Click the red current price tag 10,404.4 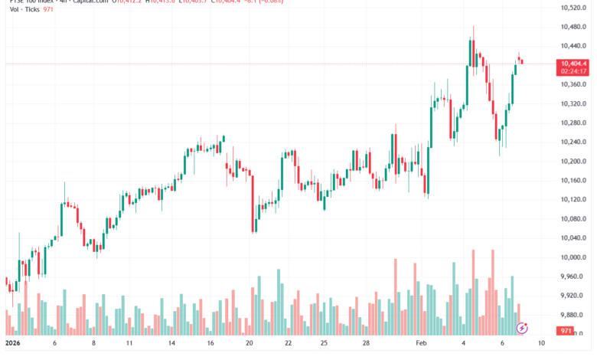(x=573, y=64)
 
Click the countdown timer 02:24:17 (x=573, y=71)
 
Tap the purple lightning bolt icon (x=522, y=328)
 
